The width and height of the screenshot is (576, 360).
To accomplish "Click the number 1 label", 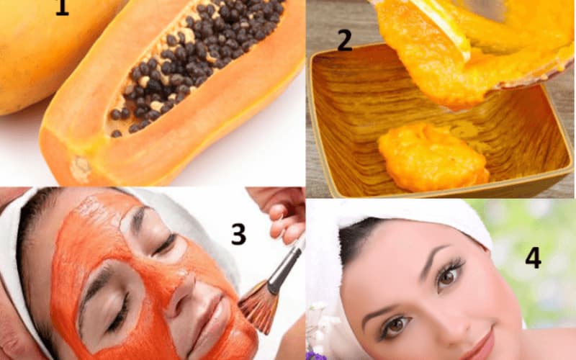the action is pos(62,7).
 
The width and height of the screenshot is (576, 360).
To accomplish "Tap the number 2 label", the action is pos(345,41).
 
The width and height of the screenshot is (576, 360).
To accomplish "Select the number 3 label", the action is pos(238,235).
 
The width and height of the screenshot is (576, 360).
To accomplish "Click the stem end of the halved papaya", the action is pos(80,169).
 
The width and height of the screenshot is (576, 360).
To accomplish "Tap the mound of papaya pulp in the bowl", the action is pos(433,158).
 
